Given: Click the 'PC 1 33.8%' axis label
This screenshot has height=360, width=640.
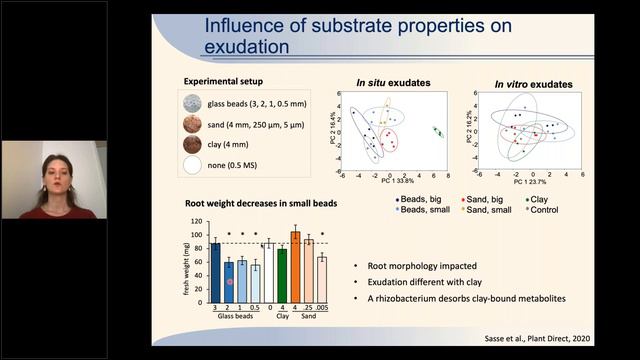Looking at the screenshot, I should [397, 181].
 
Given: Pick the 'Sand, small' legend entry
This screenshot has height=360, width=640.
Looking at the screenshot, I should [495, 211].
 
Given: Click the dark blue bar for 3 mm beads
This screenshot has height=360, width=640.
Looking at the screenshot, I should [215, 265].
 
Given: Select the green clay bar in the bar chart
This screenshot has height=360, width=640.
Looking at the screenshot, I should [282, 267].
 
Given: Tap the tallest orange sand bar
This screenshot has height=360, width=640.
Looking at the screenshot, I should [295, 259].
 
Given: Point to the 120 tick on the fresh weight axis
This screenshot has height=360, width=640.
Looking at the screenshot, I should [197, 222].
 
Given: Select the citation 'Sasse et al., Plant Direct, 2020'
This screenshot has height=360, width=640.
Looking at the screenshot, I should [567, 338].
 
